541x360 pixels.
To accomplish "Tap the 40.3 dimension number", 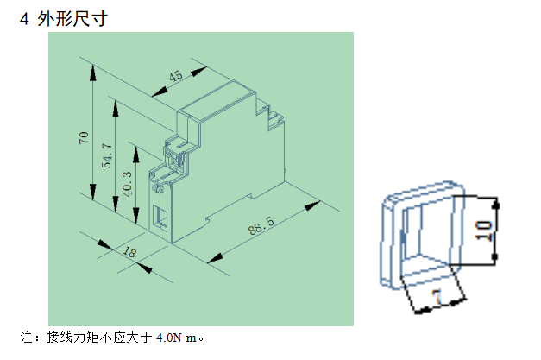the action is [129, 182].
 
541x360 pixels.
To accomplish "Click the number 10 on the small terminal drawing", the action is [484, 230].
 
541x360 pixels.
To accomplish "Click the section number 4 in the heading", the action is [24, 18].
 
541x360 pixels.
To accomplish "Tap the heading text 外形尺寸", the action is [72, 18].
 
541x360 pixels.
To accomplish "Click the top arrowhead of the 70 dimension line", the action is [91, 68].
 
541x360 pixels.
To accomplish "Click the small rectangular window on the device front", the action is [160, 216].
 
